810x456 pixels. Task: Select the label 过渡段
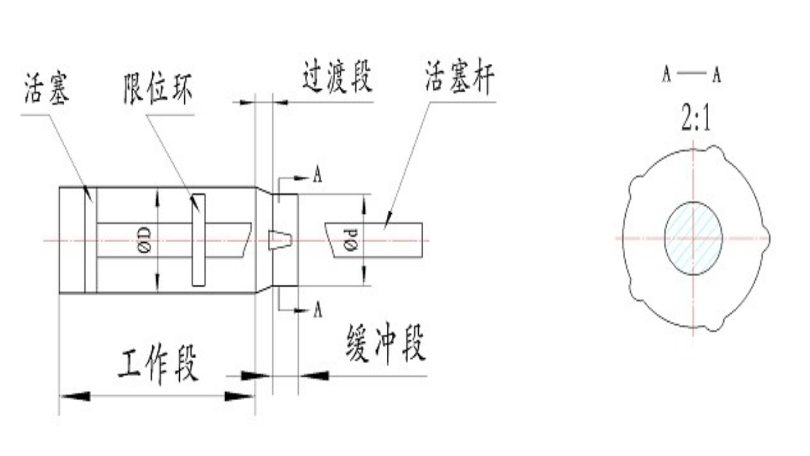[337, 77]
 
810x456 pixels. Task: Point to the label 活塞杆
[459, 77]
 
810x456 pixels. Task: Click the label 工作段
[158, 364]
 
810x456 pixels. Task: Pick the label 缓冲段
[386, 343]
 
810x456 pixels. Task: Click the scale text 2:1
[696, 119]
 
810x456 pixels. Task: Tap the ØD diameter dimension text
[144, 240]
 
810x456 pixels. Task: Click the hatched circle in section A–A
[693, 239]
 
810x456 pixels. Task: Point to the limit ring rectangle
[198, 240]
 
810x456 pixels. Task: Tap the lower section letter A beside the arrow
[317, 309]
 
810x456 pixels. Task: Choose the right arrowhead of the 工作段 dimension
[240, 396]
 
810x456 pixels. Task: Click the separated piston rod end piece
[375, 240]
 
